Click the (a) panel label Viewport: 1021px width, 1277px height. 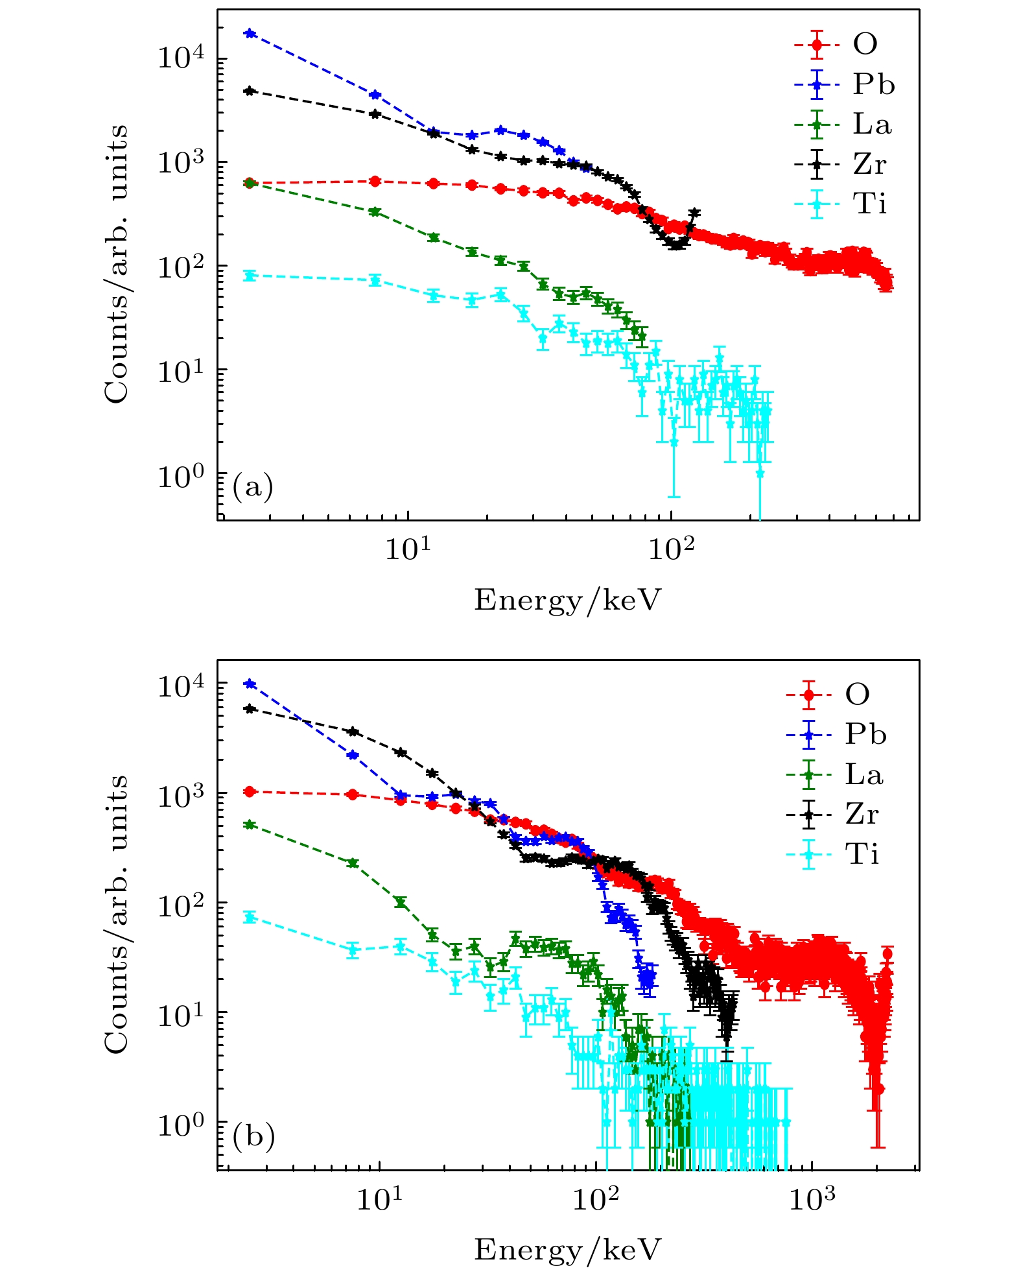pyautogui.click(x=253, y=486)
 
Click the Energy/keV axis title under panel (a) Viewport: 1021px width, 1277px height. pyautogui.click(x=567, y=600)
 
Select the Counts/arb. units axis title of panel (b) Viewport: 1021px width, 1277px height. pyautogui.click(x=117, y=914)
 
